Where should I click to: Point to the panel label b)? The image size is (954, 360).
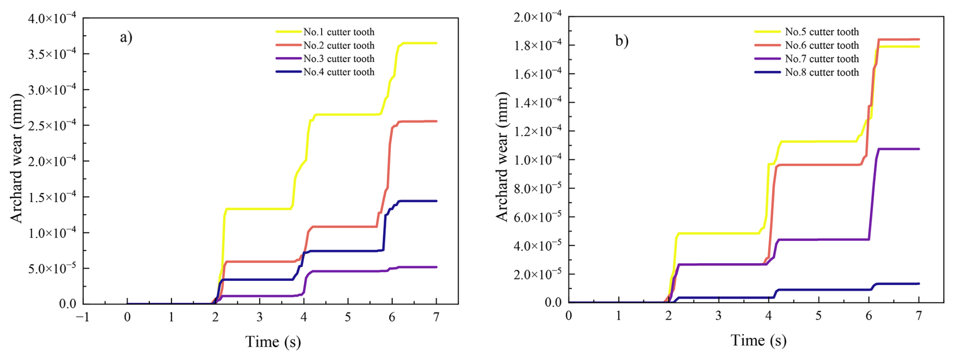coord(622,40)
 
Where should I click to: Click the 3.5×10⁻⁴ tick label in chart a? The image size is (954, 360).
coord(51,54)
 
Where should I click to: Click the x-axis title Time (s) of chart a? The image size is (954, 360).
coord(273,342)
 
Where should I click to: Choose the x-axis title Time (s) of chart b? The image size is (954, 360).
coord(758,340)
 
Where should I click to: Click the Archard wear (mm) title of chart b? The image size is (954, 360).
coord(502,157)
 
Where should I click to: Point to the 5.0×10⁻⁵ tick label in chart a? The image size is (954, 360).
coord(52,268)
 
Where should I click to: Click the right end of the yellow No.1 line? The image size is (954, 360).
coord(436,43)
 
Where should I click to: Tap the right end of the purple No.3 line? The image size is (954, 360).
coord(436,267)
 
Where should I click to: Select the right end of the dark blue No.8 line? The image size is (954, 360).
coord(919,284)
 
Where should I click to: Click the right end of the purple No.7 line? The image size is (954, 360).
coord(919,149)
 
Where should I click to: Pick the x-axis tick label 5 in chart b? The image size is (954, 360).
coord(818,316)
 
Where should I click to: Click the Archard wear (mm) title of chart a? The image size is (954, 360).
coord(17,158)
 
